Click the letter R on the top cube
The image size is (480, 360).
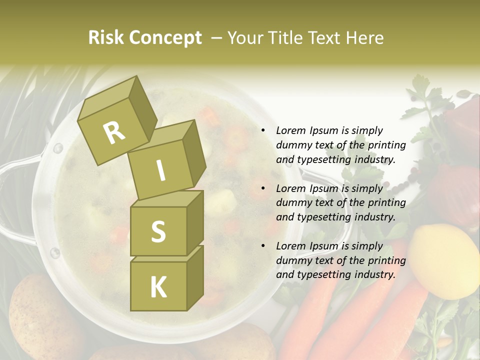point(114,132)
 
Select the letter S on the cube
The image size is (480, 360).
point(158,231)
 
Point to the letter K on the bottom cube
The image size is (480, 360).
point(158,287)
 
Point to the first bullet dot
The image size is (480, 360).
point(263,131)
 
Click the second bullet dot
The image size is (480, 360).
point(263,189)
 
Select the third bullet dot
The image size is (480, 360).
point(263,246)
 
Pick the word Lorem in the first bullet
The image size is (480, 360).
point(291,131)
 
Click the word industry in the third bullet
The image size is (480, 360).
point(375,275)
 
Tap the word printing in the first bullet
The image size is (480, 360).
point(386,145)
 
